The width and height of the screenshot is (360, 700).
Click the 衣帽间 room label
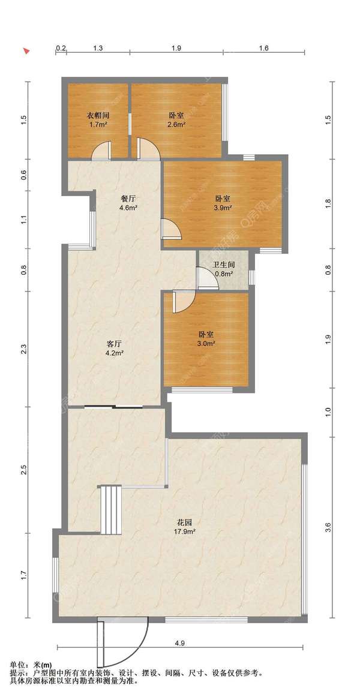[98, 115]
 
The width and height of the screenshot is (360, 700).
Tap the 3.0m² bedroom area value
[206, 344]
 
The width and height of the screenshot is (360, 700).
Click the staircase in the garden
[111, 510]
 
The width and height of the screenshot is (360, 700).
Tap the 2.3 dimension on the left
[25, 349]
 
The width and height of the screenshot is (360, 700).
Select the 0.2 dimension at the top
[61, 48]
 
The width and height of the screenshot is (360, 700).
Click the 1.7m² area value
[98, 125]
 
